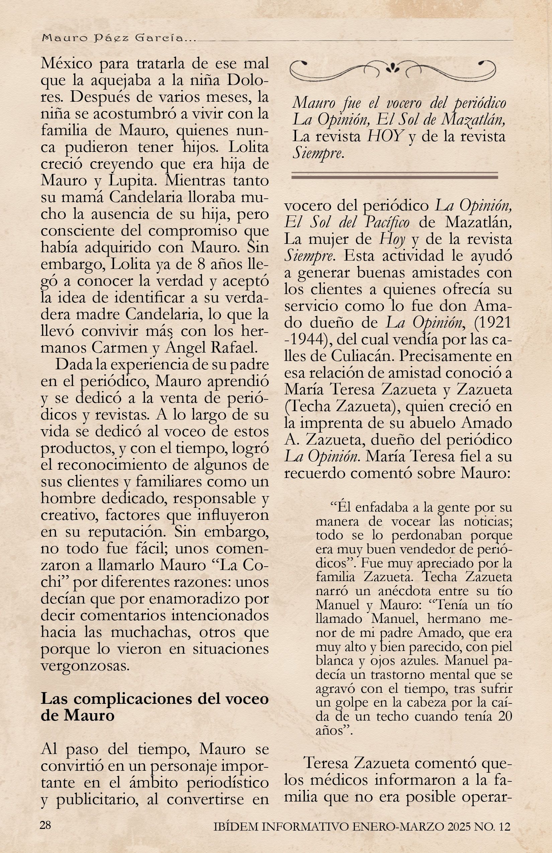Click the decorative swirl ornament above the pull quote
(392, 69)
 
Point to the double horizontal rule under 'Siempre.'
(395, 175)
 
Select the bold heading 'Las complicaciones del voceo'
(155, 699)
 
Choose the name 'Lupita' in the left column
(130, 180)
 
